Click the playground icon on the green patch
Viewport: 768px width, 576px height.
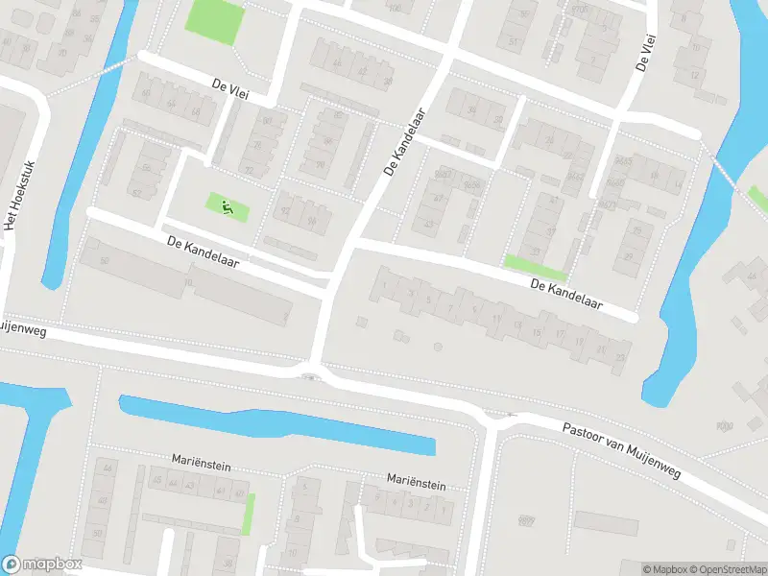[x=227, y=205]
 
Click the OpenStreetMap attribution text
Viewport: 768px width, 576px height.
[x=728, y=569]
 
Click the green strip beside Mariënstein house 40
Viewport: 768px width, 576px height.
[x=250, y=514]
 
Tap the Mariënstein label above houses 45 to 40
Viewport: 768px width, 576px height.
[x=203, y=462]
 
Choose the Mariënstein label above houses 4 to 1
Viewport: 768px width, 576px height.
[x=416, y=479]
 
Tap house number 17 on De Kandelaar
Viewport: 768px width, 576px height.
[x=560, y=334]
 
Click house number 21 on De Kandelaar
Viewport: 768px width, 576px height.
[x=602, y=349]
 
